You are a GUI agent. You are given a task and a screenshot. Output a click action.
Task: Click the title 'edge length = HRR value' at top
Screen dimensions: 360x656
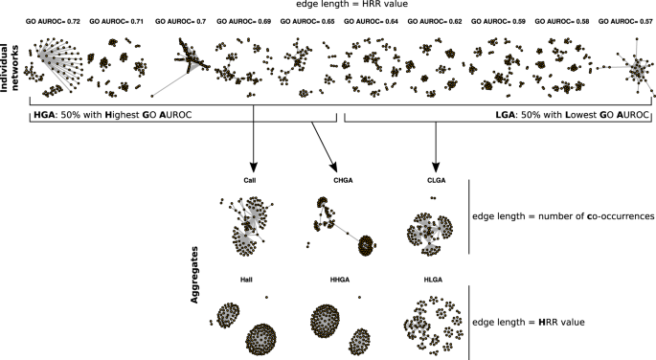pyautogui.click(x=328, y=6)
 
